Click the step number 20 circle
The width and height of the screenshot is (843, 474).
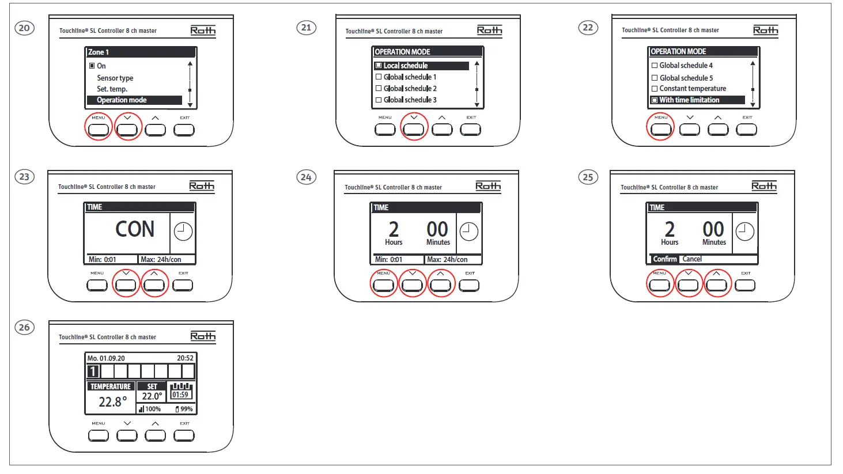coord(24,28)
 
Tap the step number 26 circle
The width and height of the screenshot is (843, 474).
coord(24,327)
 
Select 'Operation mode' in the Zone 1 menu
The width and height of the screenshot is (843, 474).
coord(122,100)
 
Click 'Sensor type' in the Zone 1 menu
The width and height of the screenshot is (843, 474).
coord(115,78)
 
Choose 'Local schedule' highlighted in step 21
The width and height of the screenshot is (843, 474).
coord(406,66)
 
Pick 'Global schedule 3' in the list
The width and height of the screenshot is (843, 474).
coord(410,100)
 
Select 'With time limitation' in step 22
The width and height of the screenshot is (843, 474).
coord(689,100)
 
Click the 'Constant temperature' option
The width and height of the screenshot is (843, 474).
coord(693,89)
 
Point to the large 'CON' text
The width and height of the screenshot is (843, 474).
coord(135,229)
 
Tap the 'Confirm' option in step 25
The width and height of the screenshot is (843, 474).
coord(664,259)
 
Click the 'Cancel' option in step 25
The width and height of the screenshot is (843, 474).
coord(692,259)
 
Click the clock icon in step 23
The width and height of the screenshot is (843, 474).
coord(183,232)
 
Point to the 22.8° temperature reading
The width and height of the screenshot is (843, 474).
coord(112,401)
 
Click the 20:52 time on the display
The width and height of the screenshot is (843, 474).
coord(185,358)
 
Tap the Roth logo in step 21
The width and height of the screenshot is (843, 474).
coord(489,31)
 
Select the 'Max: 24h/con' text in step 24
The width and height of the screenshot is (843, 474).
coord(447,260)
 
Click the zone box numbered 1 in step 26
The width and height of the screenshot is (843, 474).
coord(93,371)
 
